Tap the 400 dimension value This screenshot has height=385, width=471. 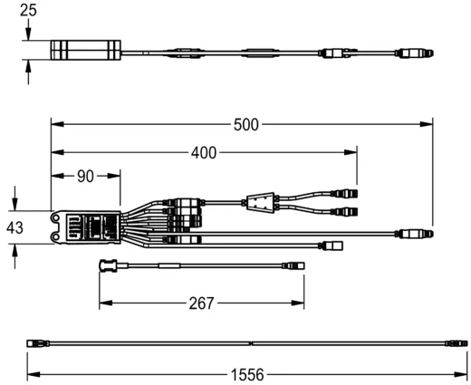(204, 153)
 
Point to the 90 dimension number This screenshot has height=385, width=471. (85, 176)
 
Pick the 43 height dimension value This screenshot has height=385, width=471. (15, 228)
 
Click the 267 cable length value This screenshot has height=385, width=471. (202, 303)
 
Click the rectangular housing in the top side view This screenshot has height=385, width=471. (85, 51)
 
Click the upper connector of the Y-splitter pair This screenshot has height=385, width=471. (346, 193)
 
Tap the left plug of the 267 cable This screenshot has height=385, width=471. (106, 265)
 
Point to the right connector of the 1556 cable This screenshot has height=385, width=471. (458, 343)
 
